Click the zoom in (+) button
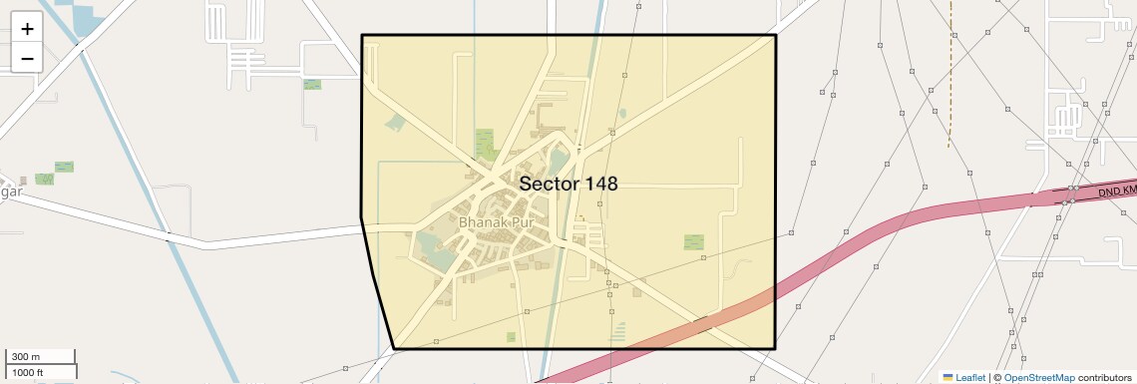(27, 29)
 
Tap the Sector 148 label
(568, 184)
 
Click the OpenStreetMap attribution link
(1038, 377)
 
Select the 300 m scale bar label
(26, 357)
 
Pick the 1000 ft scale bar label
(28, 372)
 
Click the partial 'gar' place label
(12, 191)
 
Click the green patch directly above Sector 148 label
(486, 145)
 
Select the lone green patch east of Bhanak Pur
(693, 241)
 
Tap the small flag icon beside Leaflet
(947, 377)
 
